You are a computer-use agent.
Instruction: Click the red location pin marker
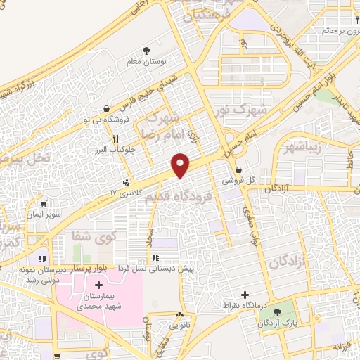coord(181,164)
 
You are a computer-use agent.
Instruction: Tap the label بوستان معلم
coord(146,63)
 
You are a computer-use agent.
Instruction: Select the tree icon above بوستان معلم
coord(146,51)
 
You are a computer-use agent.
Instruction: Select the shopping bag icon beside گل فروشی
coord(240,169)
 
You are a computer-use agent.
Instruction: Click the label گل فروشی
coord(240,180)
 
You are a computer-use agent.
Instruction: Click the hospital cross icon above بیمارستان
coord(98,285)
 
